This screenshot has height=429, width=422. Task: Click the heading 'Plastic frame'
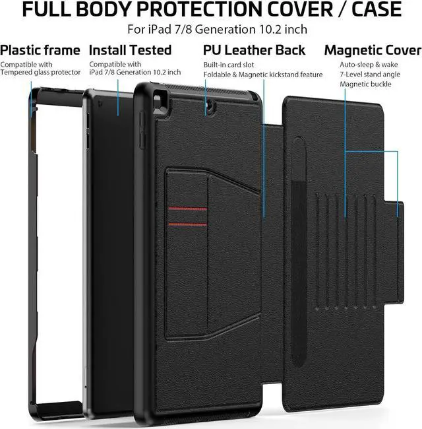click(40, 50)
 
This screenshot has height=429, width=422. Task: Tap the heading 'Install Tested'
click(130, 50)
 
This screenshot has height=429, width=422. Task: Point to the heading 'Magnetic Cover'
click(373, 50)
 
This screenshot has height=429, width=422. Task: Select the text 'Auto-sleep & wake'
click(369, 65)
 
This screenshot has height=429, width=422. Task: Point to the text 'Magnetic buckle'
click(365, 84)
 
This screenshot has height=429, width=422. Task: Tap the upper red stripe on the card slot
click(187, 209)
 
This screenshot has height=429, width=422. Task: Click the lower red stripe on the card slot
click(187, 225)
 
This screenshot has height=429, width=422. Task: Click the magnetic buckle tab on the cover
click(400, 210)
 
